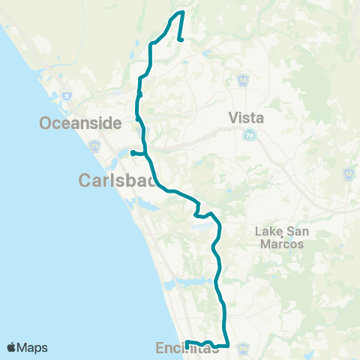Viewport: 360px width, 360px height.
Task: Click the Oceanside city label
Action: pos(80,123)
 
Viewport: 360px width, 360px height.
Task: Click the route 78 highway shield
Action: pos(248,134)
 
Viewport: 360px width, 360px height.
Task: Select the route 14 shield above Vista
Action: pos(244,79)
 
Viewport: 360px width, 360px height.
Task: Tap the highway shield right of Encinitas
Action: pos(243,349)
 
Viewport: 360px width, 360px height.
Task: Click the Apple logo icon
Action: pos(12,347)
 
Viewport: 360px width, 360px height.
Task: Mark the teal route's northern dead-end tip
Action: pos(181,40)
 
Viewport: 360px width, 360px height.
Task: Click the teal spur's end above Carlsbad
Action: pos(132,153)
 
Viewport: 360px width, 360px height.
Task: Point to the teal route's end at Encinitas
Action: pos(186,343)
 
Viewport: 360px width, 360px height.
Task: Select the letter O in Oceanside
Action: pos(46,123)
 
